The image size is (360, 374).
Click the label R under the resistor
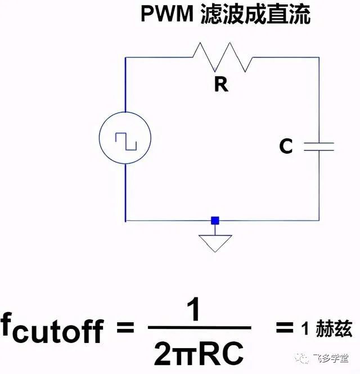pyautogui.click(x=221, y=84)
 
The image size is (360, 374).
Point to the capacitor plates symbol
pyautogui.click(x=319, y=146)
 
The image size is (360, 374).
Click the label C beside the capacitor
pyautogui.click(x=286, y=146)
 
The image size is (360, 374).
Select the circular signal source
pyautogui.click(x=125, y=141)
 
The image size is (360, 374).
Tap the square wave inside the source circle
pyautogui.click(x=125, y=141)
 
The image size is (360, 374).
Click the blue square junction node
pyautogui.click(x=215, y=221)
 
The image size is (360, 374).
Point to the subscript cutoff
pyautogui.click(x=58, y=332)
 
